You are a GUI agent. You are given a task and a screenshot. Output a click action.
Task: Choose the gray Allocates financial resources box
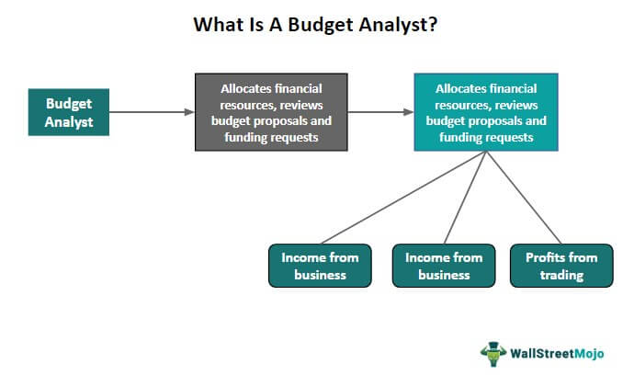(271, 112)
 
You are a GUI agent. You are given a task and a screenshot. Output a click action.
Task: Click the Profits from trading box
(560, 266)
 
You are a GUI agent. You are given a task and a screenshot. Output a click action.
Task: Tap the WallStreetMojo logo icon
(493, 352)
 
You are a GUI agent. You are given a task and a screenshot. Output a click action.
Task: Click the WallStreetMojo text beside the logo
(560, 353)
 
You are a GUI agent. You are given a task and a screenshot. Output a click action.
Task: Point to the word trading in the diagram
(560, 274)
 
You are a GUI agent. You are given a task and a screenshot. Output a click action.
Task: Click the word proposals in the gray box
(300, 120)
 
